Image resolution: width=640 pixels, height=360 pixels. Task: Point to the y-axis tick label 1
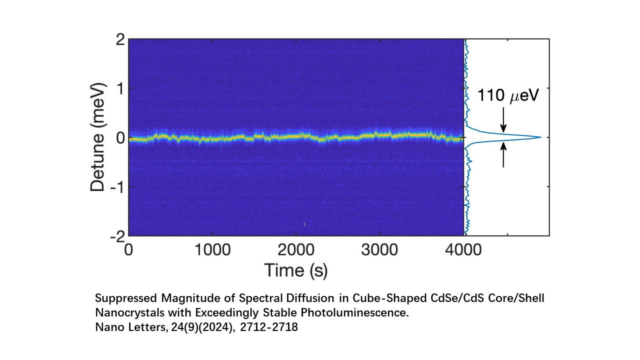point(119,88)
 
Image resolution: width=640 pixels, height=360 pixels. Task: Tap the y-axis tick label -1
point(116,186)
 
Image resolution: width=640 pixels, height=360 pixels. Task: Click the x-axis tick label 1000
point(212,250)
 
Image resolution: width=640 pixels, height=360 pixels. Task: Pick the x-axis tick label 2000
point(296,250)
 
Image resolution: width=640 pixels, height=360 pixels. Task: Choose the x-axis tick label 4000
point(463,250)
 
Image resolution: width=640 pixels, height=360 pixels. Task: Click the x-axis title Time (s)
point(296,270)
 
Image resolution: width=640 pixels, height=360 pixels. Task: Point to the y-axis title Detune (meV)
point(99,137)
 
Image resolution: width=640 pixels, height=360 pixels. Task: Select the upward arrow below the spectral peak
point(503,154)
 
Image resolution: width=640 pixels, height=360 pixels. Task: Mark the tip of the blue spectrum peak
point(540,137)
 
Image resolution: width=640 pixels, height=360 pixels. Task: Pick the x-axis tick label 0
point(129,250)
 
